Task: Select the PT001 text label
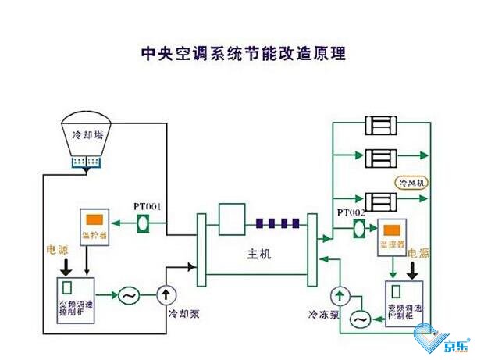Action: tap(148, 206)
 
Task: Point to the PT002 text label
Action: tap(353, 212)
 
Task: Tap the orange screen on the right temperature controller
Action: tap(390, 233)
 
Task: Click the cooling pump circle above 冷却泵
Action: tap(166, 295)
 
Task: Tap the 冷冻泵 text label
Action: tap(323, 315)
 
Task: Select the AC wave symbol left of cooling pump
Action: tap(126, 296)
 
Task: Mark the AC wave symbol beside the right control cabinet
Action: tap(360, 319)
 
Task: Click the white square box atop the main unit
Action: tap(232, 219)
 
